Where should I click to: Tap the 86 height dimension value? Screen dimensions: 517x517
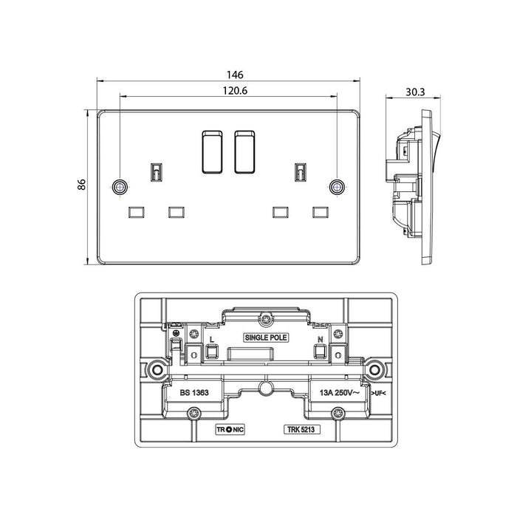82,188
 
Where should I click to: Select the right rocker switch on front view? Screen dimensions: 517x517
246,150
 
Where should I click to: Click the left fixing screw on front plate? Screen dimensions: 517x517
118,187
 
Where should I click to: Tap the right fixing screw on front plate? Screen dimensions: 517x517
337,187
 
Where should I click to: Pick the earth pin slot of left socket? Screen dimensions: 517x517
157,172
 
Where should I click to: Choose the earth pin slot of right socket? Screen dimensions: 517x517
301,172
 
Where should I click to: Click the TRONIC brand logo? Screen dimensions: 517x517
229,428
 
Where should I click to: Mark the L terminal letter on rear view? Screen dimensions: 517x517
211,339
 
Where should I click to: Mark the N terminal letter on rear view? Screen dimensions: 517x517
321,339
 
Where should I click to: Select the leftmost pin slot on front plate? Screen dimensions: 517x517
137,213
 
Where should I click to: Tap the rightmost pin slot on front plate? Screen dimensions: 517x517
321,213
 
